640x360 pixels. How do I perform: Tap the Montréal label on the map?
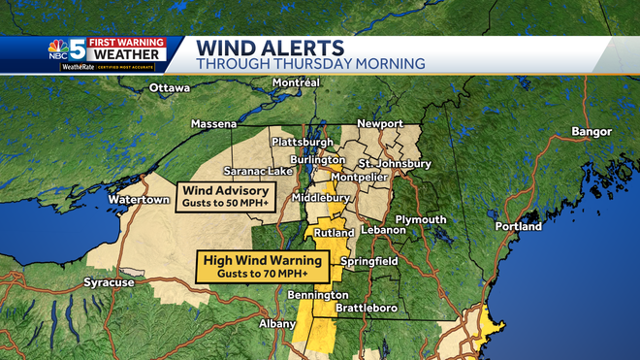[297, 83]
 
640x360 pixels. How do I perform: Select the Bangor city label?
[592, 131]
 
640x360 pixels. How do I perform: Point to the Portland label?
[518, 226]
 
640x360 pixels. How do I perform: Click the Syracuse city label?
[109, 282]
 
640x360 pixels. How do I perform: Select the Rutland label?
[335, 234]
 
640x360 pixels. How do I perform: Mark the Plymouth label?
[421, 219]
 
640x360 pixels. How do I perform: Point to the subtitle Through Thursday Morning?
[310, 63]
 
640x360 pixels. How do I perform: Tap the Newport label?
[379, 124]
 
